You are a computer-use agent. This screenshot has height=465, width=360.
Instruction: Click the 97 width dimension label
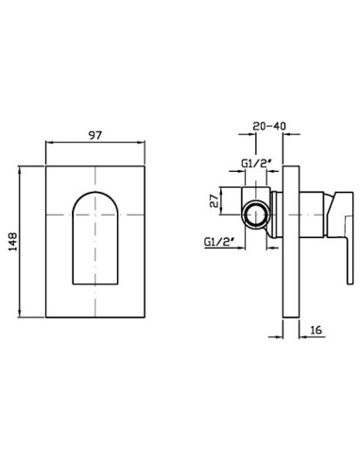[95, 135]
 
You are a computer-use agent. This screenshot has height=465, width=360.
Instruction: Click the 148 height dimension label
[13, 242]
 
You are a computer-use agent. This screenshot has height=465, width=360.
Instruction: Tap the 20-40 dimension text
[269, 126]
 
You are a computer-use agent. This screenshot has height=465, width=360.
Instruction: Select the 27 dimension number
[214, 200]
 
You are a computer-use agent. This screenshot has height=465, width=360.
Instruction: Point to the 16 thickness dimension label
[316, 330]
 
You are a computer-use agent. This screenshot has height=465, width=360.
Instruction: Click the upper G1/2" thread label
[256, 164]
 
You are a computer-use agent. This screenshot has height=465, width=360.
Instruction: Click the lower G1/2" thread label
[219, 242]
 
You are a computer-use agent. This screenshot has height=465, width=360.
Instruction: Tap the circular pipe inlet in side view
[256, 215]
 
